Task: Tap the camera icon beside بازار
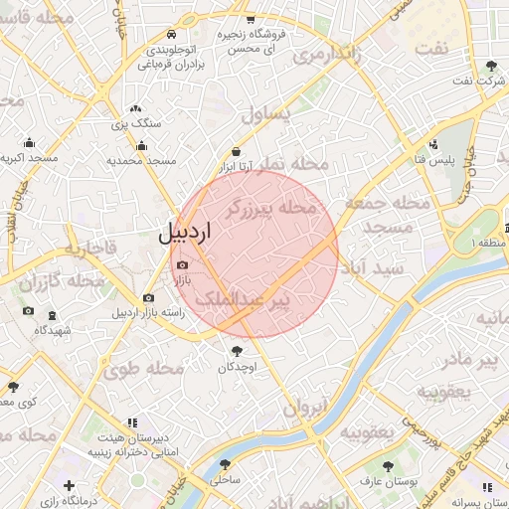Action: coord(181,264)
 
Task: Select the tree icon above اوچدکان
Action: coord(237,351)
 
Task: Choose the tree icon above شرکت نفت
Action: coord(490,67)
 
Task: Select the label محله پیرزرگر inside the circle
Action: coord(270,209)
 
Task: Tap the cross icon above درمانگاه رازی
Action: coord(68,485)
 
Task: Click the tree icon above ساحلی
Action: coord(227,463)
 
